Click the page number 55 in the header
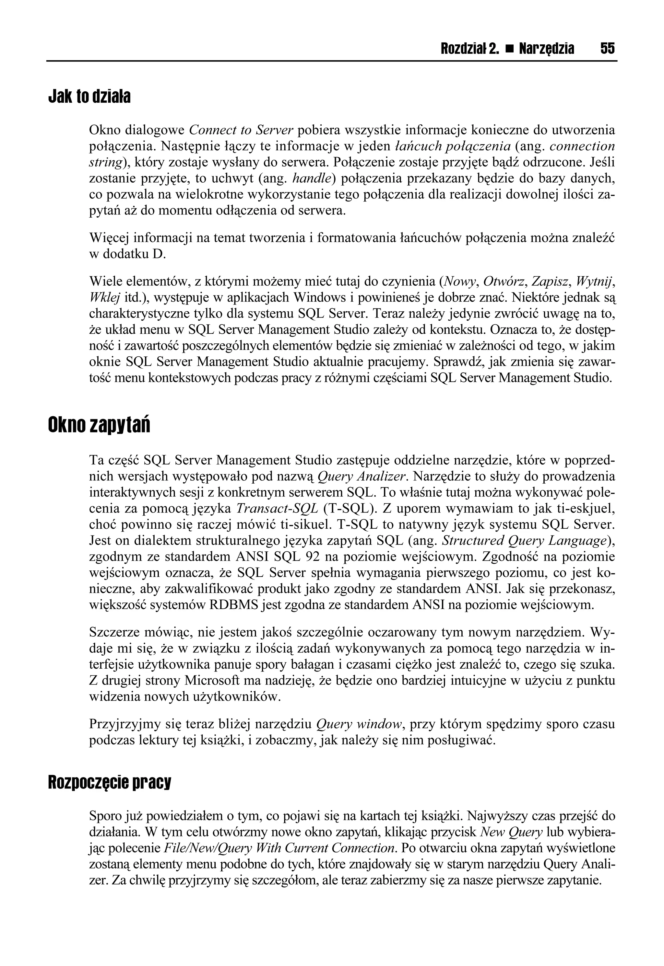(x=607, y=49)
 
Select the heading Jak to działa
(x=89, y=97)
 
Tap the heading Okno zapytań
(x=99, y=426)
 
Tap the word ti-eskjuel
(x=583, y=508)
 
